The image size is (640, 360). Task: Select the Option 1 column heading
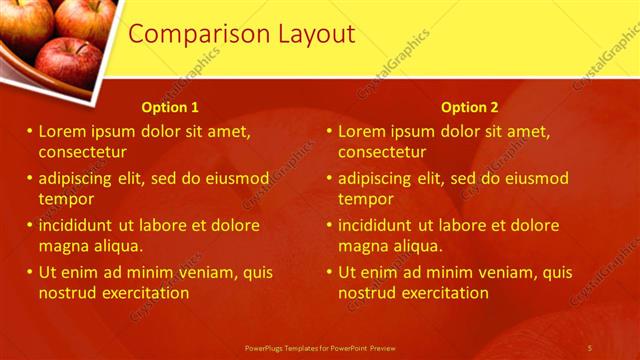click(x=170, y=107)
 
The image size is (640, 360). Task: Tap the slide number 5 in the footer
click(x=590, y=347)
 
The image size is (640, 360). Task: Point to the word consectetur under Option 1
click(x=82, y=152)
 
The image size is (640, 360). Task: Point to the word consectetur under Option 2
click(x=382, y=152)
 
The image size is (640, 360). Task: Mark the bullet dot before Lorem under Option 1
click(x=30, y=131)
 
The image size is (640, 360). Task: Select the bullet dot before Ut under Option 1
click(x=30, y=272)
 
